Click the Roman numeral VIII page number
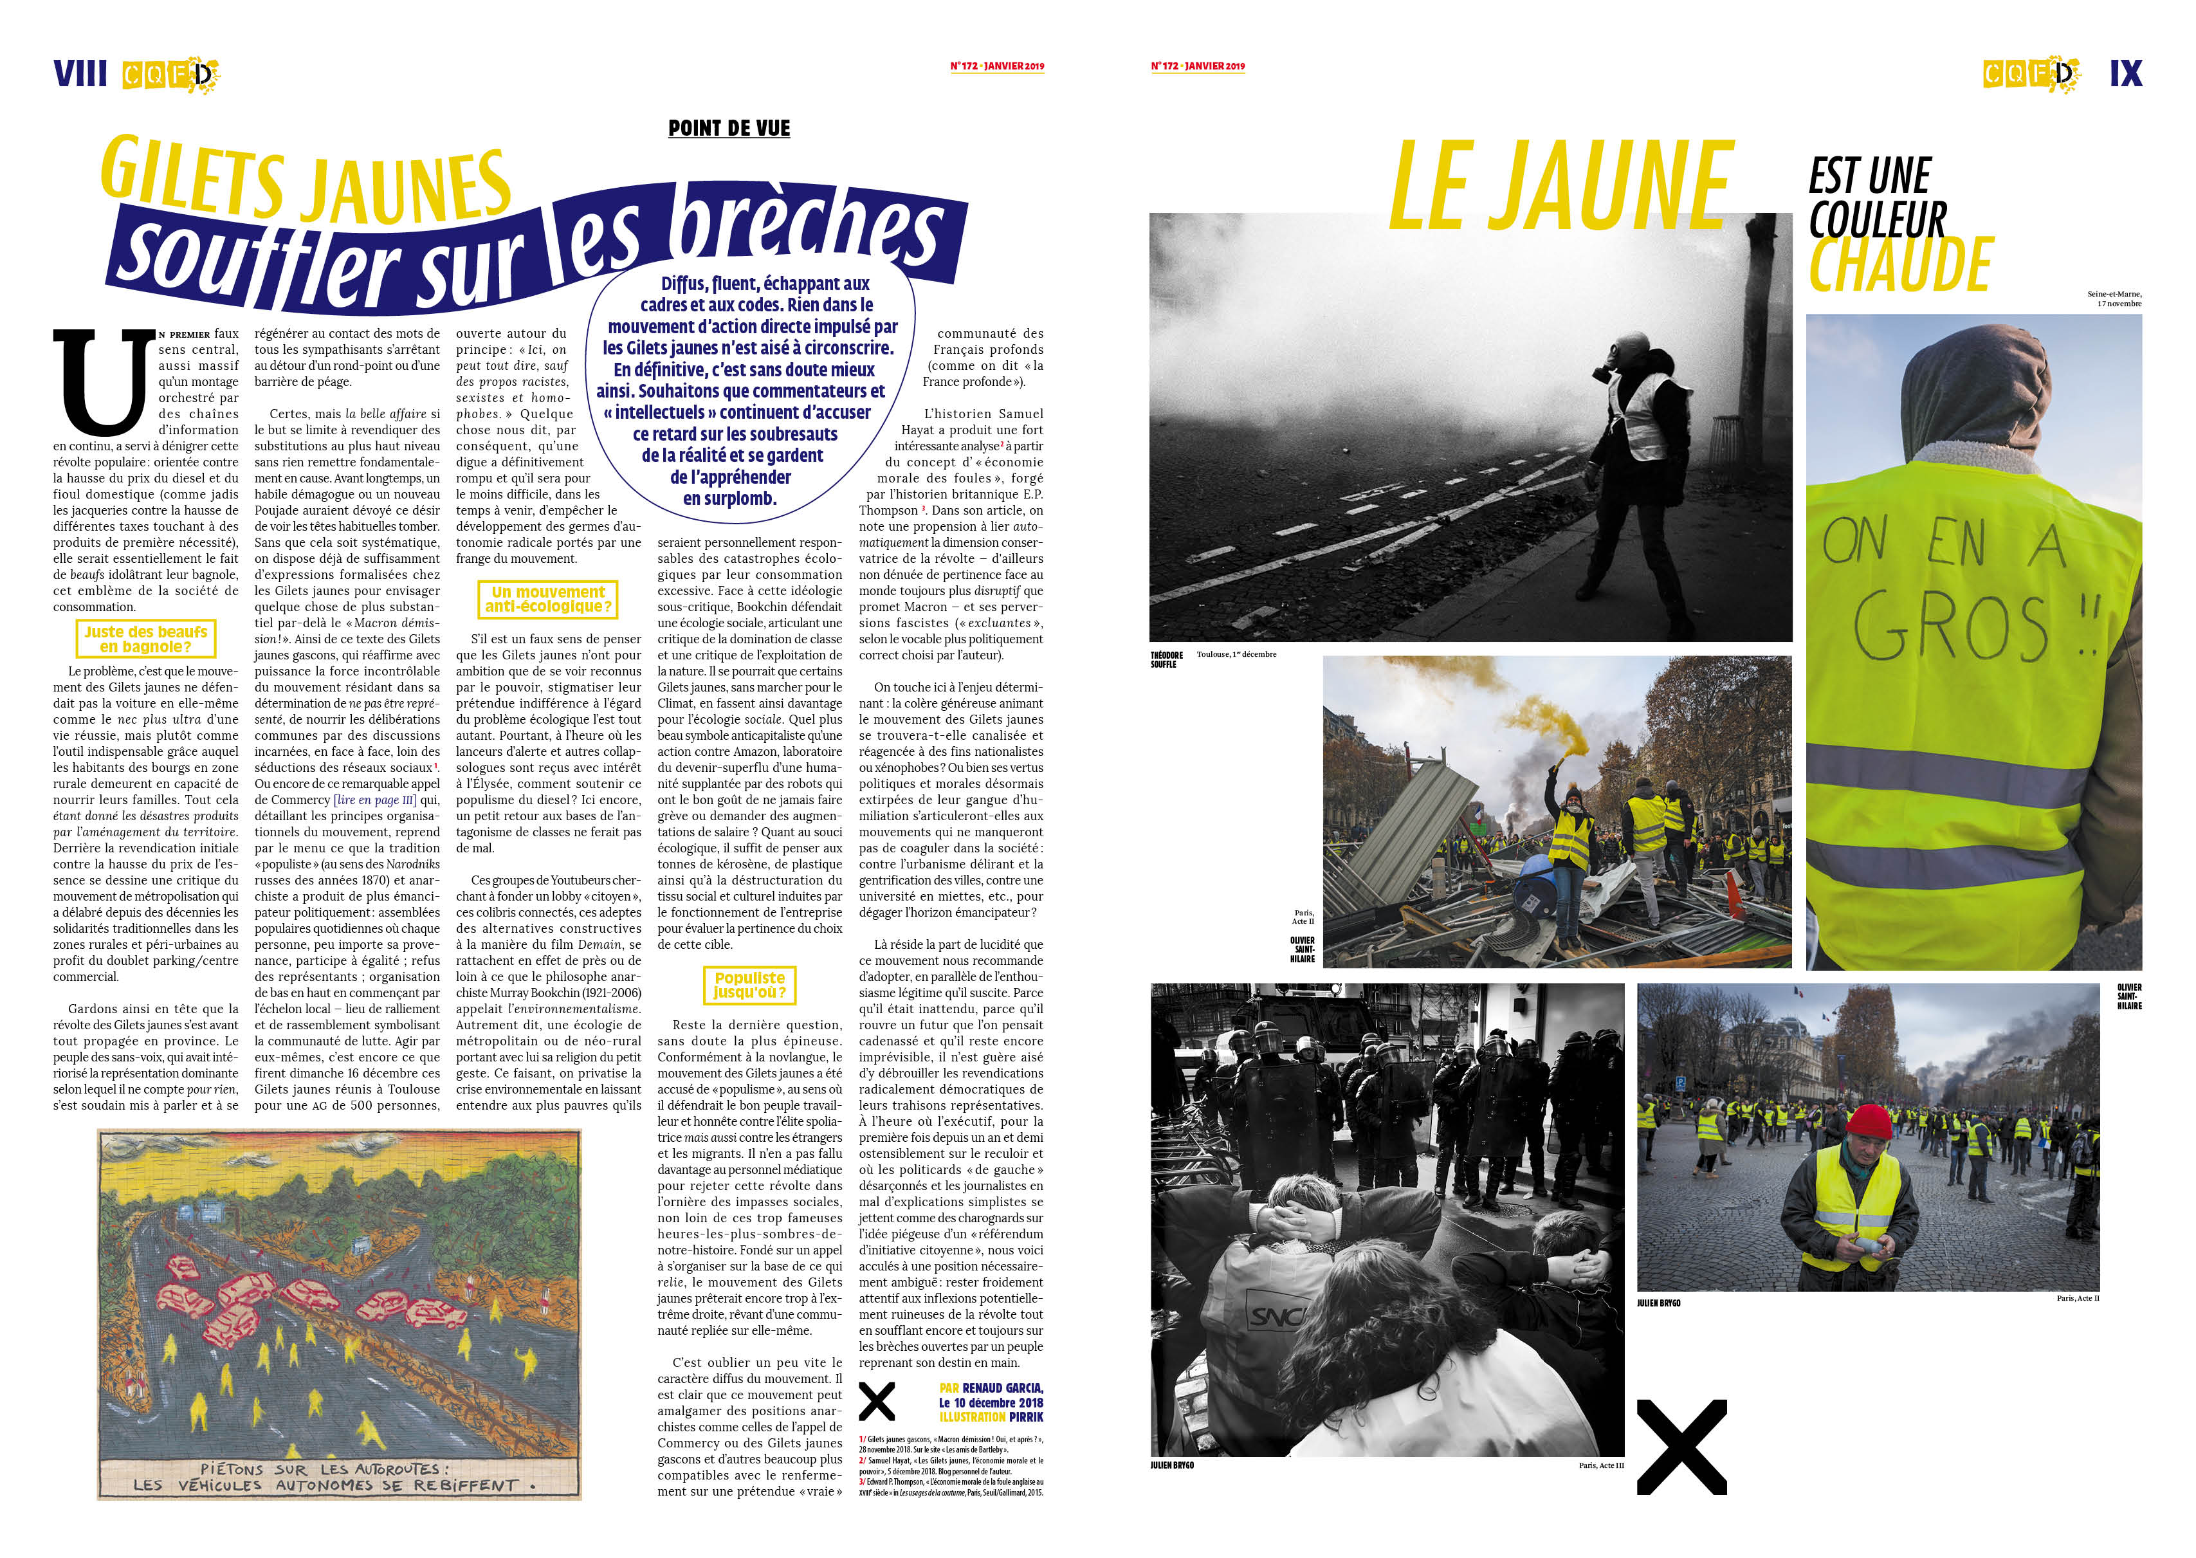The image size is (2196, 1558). click(80, 74)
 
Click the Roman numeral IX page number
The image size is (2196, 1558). click(2125, 74)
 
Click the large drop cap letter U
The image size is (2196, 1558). click(104, 382)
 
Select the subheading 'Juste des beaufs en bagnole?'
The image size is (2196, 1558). click(145, 639)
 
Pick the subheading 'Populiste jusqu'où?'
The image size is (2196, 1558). click(749, 985)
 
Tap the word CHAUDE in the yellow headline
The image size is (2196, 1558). click(1901, 265)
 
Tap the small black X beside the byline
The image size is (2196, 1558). click(876, 1402)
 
